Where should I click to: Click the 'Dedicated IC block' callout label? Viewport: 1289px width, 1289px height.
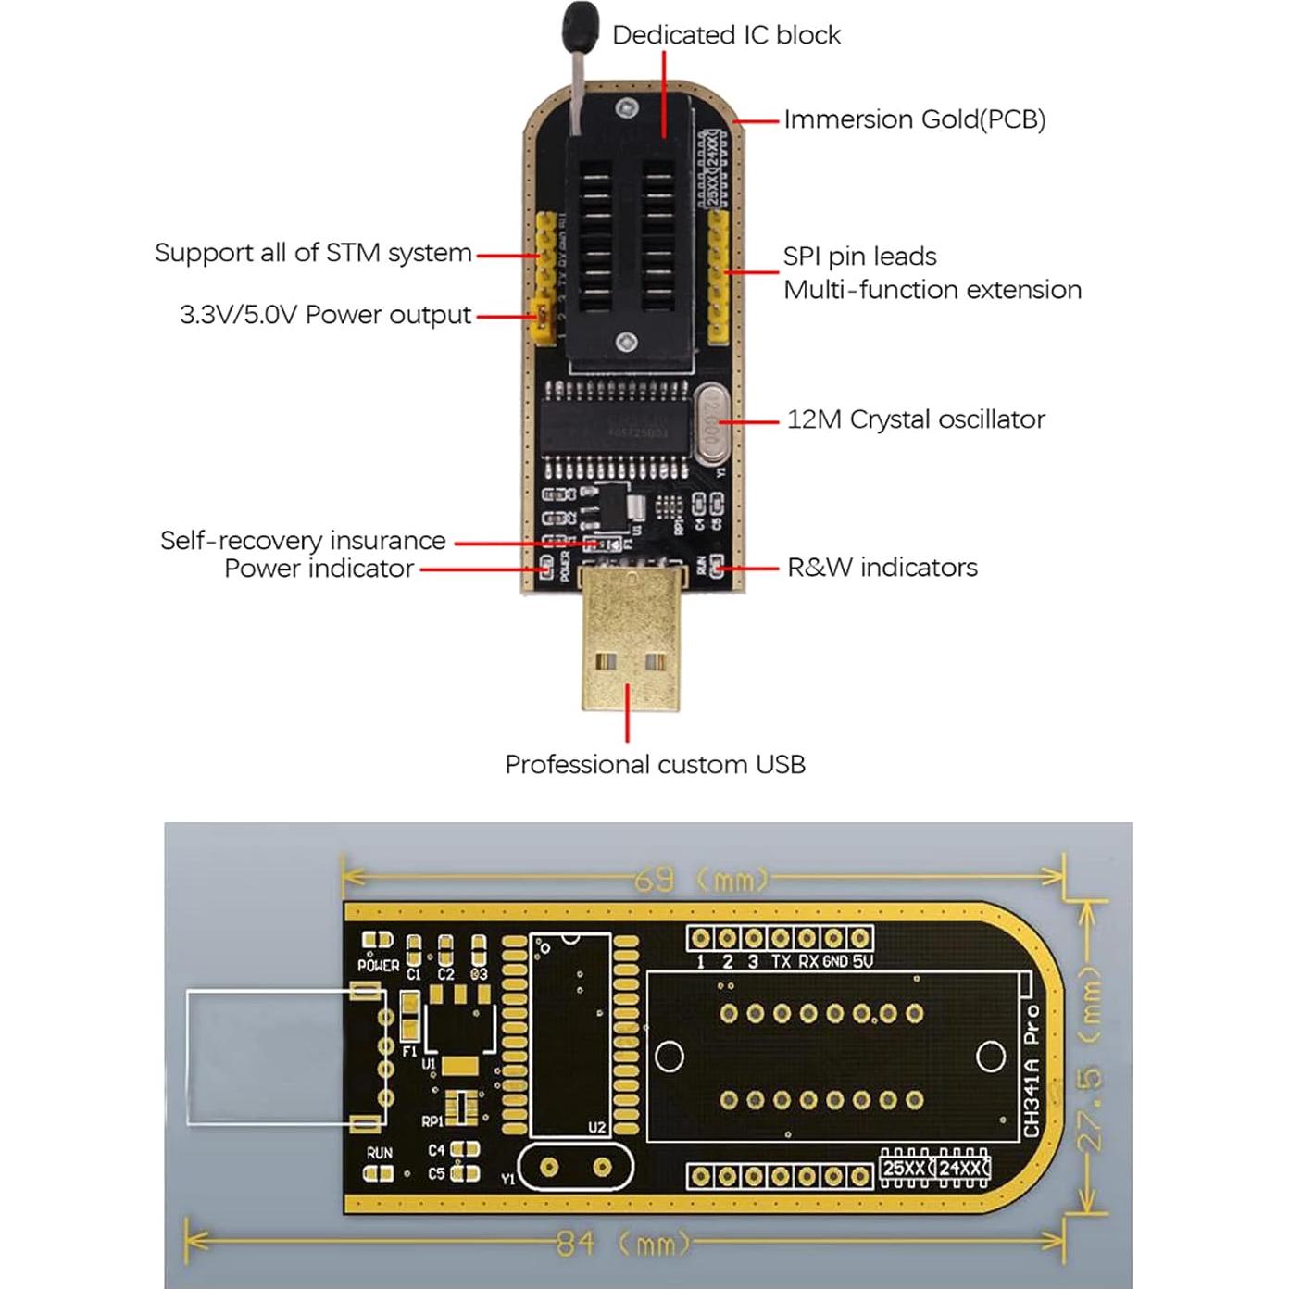point(726,35)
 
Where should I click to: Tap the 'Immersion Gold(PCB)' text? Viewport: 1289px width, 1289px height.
point(914,119)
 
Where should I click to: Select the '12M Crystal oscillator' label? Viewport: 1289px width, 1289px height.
point(915,419)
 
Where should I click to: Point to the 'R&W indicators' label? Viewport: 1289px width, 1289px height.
point(882,568)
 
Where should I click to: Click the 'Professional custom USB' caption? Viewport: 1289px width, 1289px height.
point(655,765)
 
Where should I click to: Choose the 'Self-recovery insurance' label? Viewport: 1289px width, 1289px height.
point(303,541)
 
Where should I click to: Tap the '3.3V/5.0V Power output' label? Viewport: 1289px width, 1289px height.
point(325,315)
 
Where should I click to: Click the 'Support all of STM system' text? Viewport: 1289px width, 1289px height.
point(313,253)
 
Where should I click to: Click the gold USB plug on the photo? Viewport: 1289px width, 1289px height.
point(630,639)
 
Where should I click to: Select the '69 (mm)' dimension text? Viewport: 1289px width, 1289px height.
point(701,879)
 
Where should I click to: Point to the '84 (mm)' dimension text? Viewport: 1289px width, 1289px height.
point(622,1243)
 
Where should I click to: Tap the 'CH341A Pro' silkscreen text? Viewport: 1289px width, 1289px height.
point(1032,1070)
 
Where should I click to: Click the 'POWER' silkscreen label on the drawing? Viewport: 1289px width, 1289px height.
point(378,965)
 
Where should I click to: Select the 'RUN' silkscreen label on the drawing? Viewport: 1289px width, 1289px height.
point(379,1153)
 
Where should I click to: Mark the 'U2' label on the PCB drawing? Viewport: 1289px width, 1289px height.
point(596,1127)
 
